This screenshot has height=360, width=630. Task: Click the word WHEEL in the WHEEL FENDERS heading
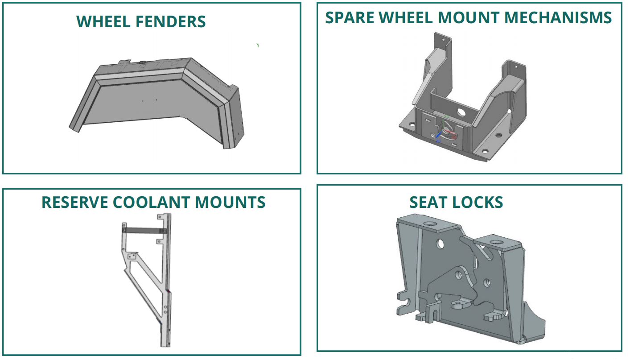(103, 21)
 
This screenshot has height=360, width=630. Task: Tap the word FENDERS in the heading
(170, 21)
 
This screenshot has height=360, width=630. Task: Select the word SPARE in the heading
(349, 17)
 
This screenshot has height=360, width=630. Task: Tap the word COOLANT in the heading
(151, 202)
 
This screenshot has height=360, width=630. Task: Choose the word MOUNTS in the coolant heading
(231, 202)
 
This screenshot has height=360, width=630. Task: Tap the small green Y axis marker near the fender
(258, 46)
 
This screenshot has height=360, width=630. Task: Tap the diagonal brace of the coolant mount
(144, 293)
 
